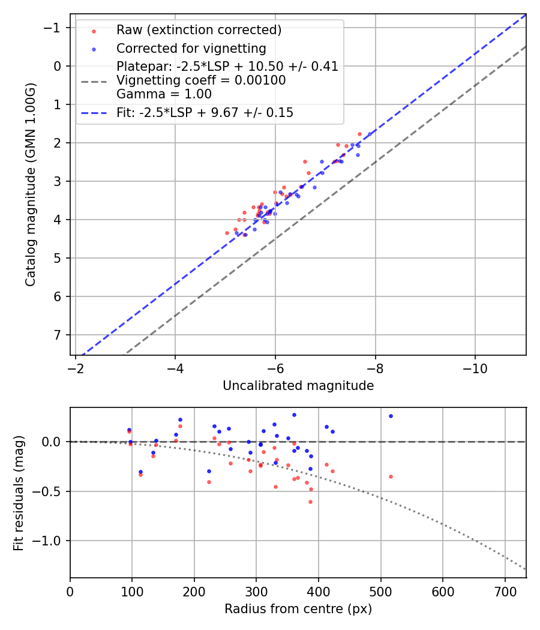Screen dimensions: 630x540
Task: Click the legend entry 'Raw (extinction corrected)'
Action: (199, 30)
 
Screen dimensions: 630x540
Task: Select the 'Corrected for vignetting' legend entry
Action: (191, 48)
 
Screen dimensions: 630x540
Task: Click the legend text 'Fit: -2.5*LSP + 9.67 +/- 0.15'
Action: (205, 112)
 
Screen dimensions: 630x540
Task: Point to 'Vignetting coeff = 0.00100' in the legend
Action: (201, 80)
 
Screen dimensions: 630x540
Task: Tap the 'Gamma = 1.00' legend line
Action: (164, 94)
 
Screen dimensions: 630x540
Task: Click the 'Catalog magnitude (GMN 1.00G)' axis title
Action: (31, 184)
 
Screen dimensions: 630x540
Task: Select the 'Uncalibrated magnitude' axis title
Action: (298, 386)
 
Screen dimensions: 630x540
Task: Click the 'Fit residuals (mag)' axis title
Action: (19, 493)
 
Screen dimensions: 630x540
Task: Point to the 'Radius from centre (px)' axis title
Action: (298, 609)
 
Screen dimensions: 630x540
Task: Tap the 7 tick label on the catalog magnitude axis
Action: (58, 335)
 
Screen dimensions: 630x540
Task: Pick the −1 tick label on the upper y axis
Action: (55, 28)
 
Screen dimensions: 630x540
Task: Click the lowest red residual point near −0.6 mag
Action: (310, 502)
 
